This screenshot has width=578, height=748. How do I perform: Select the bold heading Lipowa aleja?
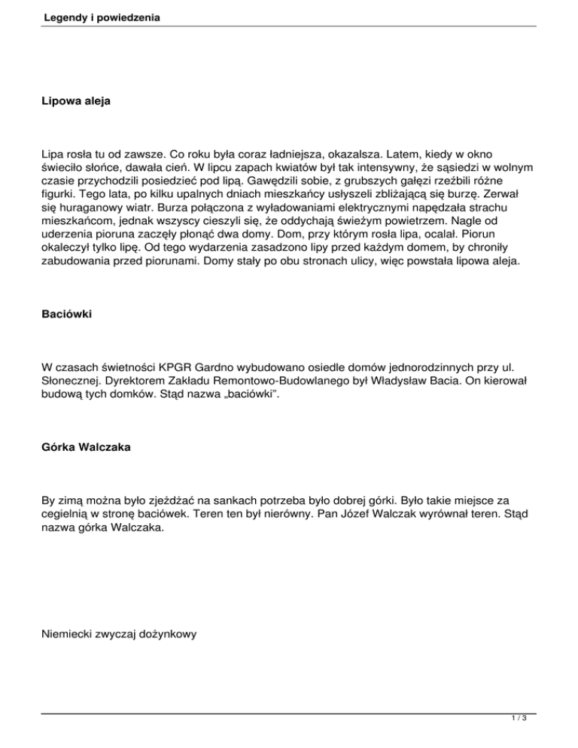(76, 99)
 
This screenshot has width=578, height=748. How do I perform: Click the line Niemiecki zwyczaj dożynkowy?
(120, 634)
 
